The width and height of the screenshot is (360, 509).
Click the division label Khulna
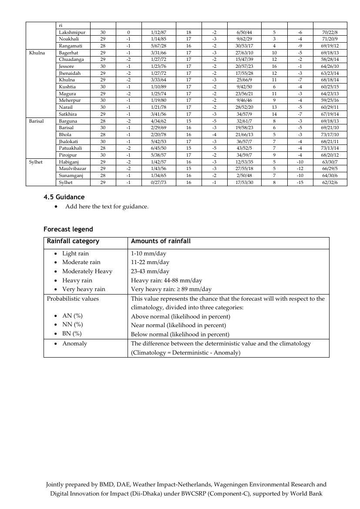(x=37, y=53)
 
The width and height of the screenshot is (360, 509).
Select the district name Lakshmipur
(x=72, y=32)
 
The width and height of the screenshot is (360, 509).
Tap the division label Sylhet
(x=36, y=162)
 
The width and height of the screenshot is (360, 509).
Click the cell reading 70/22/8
(x=330, y=32)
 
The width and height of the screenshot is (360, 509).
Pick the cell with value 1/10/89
(x=158, y=87)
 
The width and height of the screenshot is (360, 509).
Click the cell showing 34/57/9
(x=244, y=114)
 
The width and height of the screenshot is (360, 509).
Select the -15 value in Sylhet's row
(x=300, y=183)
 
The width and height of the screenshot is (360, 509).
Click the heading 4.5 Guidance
(x=64, y=197)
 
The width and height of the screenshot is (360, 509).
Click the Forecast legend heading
(x=68, y=229)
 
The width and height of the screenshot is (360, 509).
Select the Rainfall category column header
(x=73, y=241)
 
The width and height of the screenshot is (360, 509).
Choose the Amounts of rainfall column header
(x=161, y=241)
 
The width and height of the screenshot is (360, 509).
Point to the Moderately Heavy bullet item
(x=87, y=271)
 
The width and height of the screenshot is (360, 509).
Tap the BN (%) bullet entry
(x=72, y=334)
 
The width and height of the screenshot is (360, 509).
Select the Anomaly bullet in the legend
(x=74, y=344)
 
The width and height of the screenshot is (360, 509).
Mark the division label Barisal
(x=37, y=121)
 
